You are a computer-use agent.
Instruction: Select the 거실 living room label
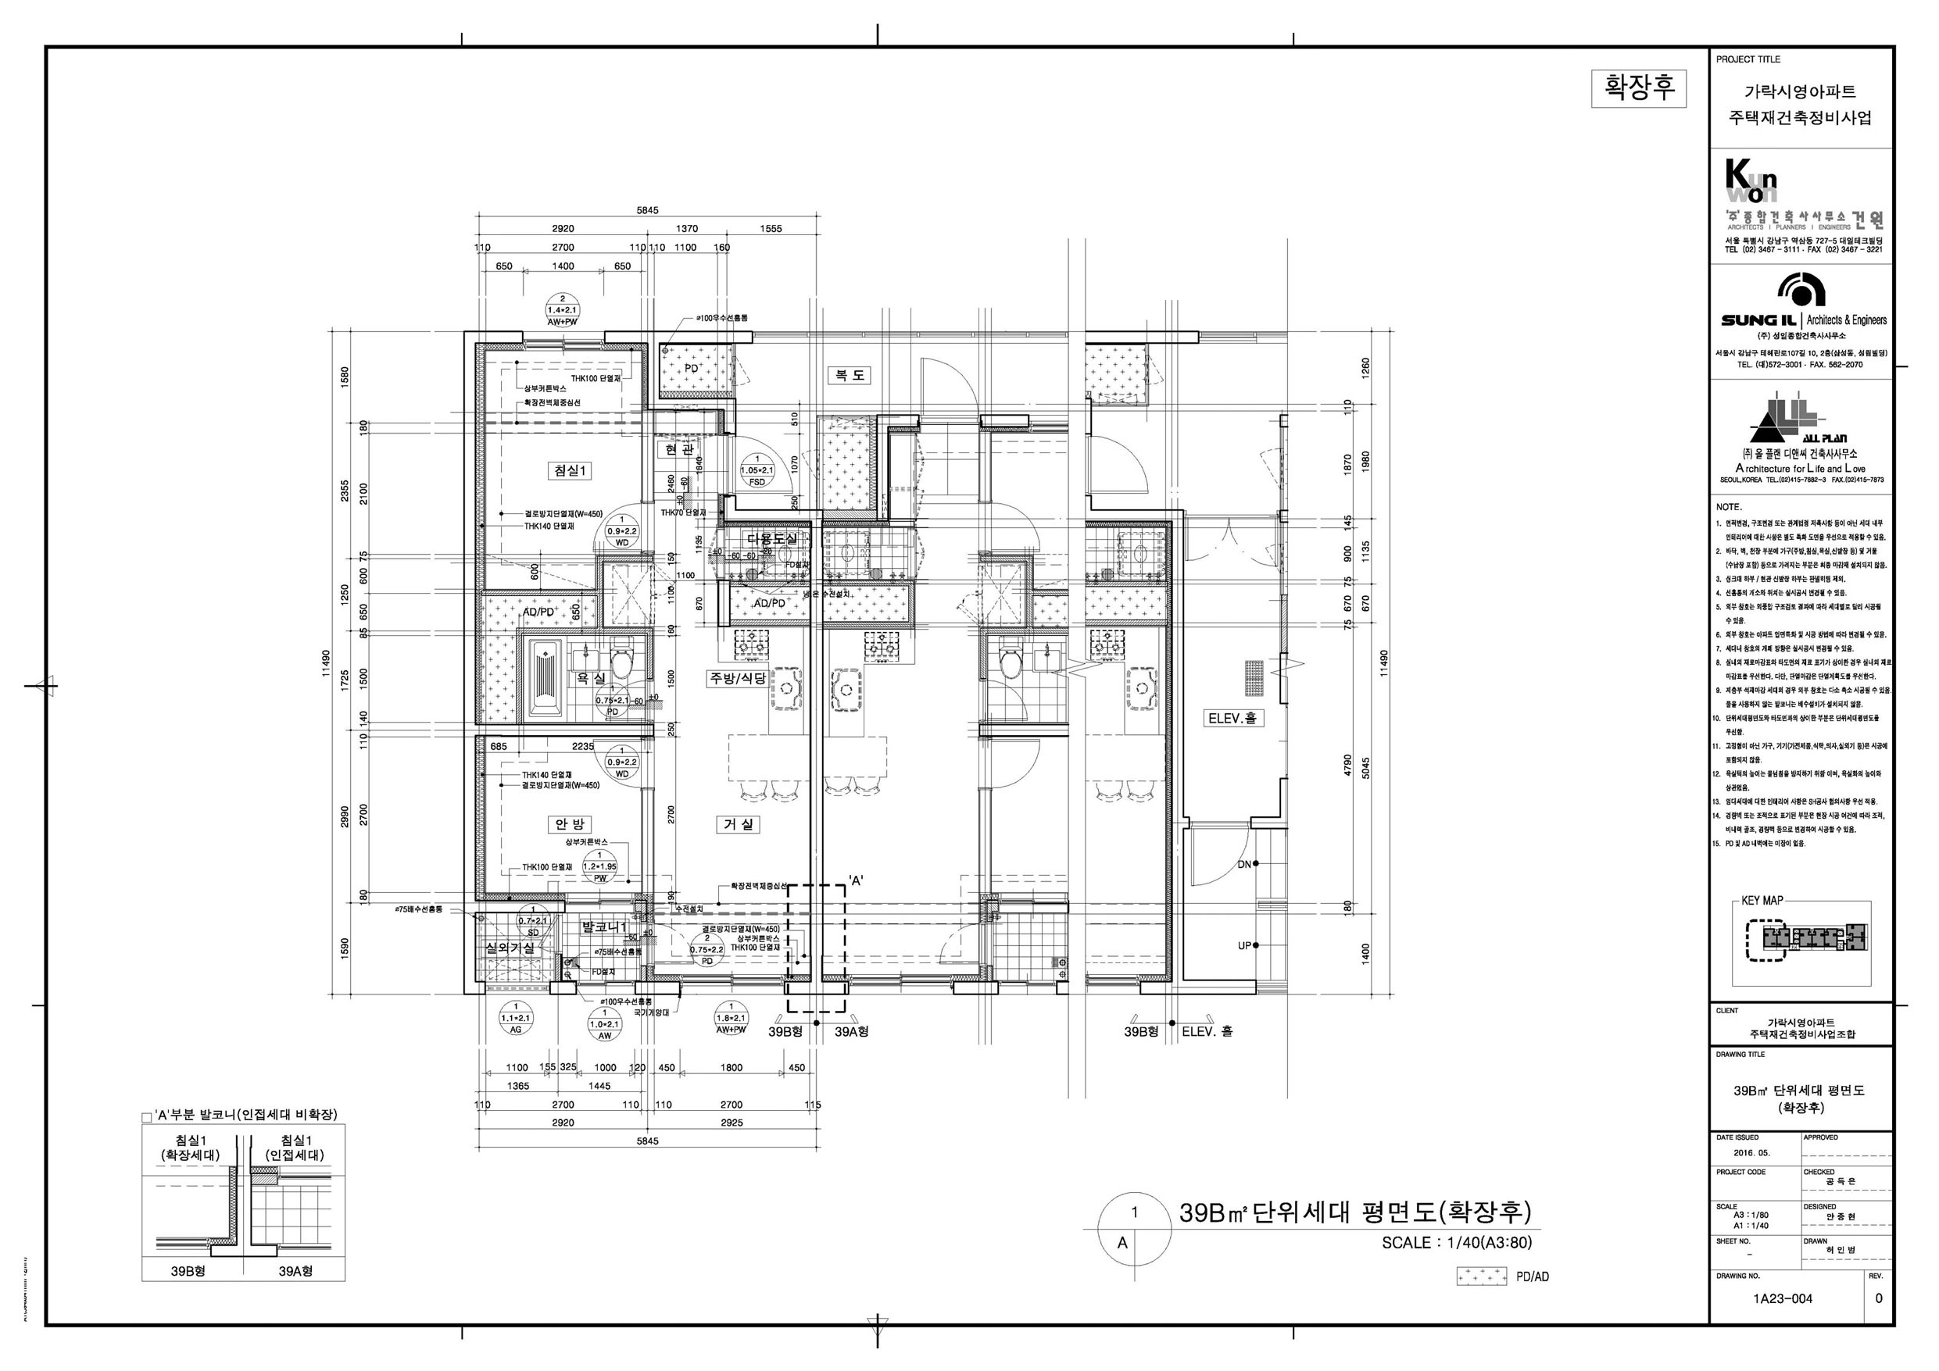[739, 824]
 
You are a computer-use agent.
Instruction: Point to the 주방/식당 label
[737, 678]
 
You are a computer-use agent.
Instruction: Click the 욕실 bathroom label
[590, 678]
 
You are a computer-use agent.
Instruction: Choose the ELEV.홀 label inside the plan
[1232, 719]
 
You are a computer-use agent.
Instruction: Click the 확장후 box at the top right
[1638, 87]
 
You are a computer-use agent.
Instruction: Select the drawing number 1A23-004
[1782, 1298]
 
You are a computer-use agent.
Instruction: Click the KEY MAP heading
[1762, 901]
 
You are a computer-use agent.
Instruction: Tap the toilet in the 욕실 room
[622, 662]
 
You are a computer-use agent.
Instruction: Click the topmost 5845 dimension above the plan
[647, 210]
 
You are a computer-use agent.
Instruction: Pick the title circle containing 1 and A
[1134, 1226]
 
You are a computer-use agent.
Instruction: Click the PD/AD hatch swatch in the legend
[1481, 1277]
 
